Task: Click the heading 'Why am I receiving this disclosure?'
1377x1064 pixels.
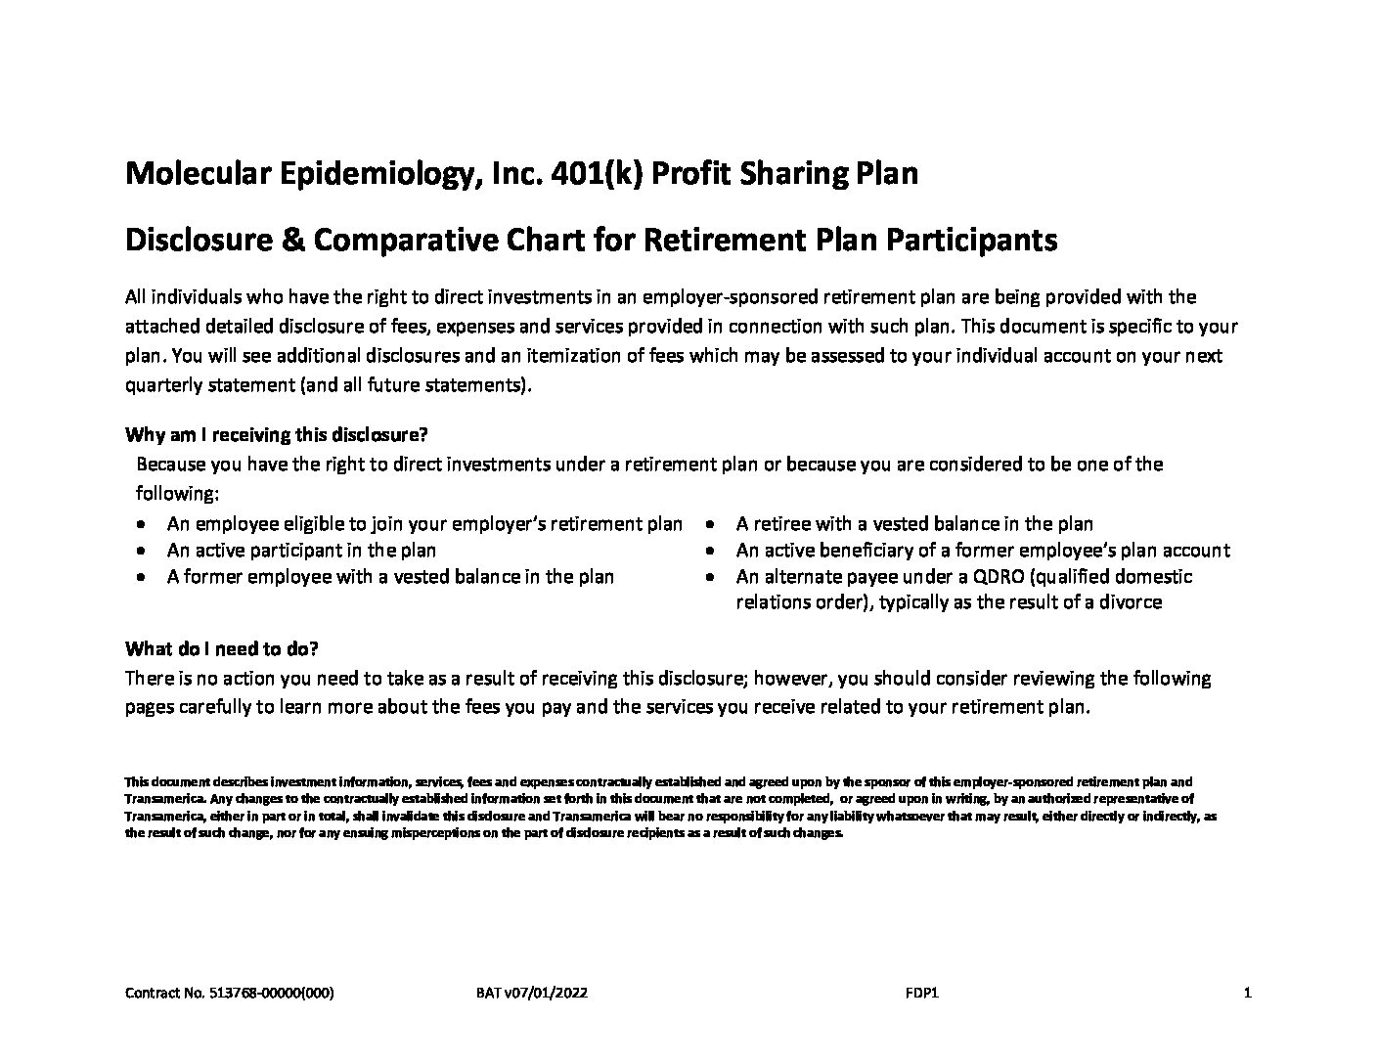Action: click(277, 434)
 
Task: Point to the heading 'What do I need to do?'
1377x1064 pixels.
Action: click(222, 649)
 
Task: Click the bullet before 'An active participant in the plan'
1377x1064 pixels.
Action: click(144, 551)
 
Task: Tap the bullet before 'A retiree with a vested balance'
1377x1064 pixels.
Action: click(713, 524)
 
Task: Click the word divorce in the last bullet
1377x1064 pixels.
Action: click(1132, 603)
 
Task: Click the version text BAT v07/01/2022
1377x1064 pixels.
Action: click(532, 994)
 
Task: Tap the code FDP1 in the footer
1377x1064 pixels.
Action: click(922, 994)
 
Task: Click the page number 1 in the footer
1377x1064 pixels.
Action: click(1247, 994)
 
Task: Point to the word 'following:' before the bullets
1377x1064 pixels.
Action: click(176, 493)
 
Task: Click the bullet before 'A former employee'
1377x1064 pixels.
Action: click(144, 577)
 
